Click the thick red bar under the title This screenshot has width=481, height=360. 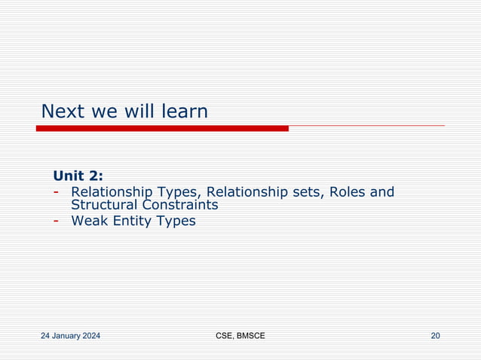point(162,129)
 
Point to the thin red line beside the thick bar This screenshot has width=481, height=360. point(366,126)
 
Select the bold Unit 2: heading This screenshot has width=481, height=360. point(78,176)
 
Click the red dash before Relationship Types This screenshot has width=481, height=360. point(57,192)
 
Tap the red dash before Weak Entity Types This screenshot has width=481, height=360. point(57,221)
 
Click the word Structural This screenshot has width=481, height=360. point(105,205)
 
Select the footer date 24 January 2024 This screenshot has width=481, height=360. point(71,335)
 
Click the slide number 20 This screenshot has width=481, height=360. point(435,335)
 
